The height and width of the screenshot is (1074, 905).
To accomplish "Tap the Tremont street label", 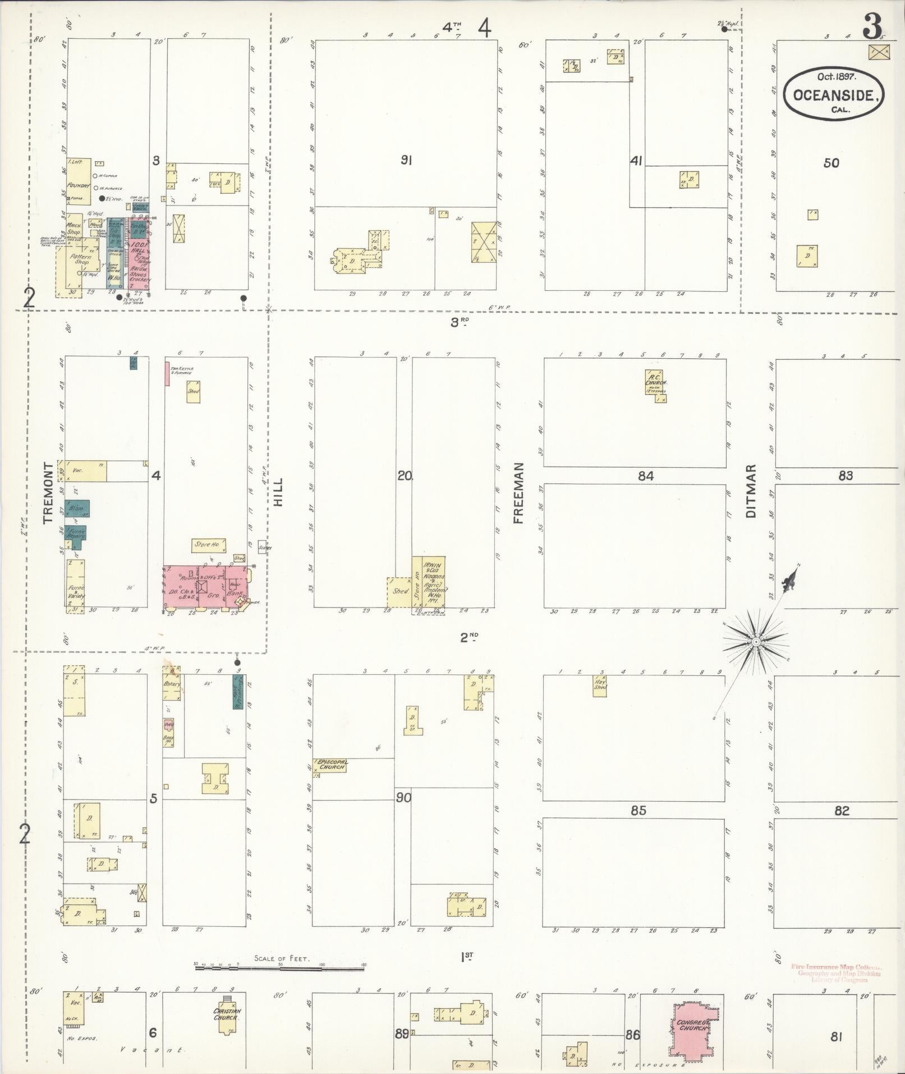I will [48, 493].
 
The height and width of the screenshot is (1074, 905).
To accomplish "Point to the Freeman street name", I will [517, 493].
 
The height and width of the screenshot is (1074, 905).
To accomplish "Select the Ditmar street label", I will [752, 491].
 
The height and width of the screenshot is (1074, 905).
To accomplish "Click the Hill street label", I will [279, 492].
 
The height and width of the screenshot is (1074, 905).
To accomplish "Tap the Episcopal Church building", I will [331, 765].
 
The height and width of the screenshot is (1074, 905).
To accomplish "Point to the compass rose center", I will [756, 641].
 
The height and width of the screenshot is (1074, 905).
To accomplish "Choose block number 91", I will [406, 161].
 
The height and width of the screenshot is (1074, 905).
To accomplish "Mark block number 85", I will [638, 810].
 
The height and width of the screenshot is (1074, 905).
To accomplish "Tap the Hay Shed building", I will [600, 685].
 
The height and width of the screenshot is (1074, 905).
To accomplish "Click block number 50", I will [831, 163].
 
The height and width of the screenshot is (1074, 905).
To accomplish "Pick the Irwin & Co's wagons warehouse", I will [434, 582].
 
